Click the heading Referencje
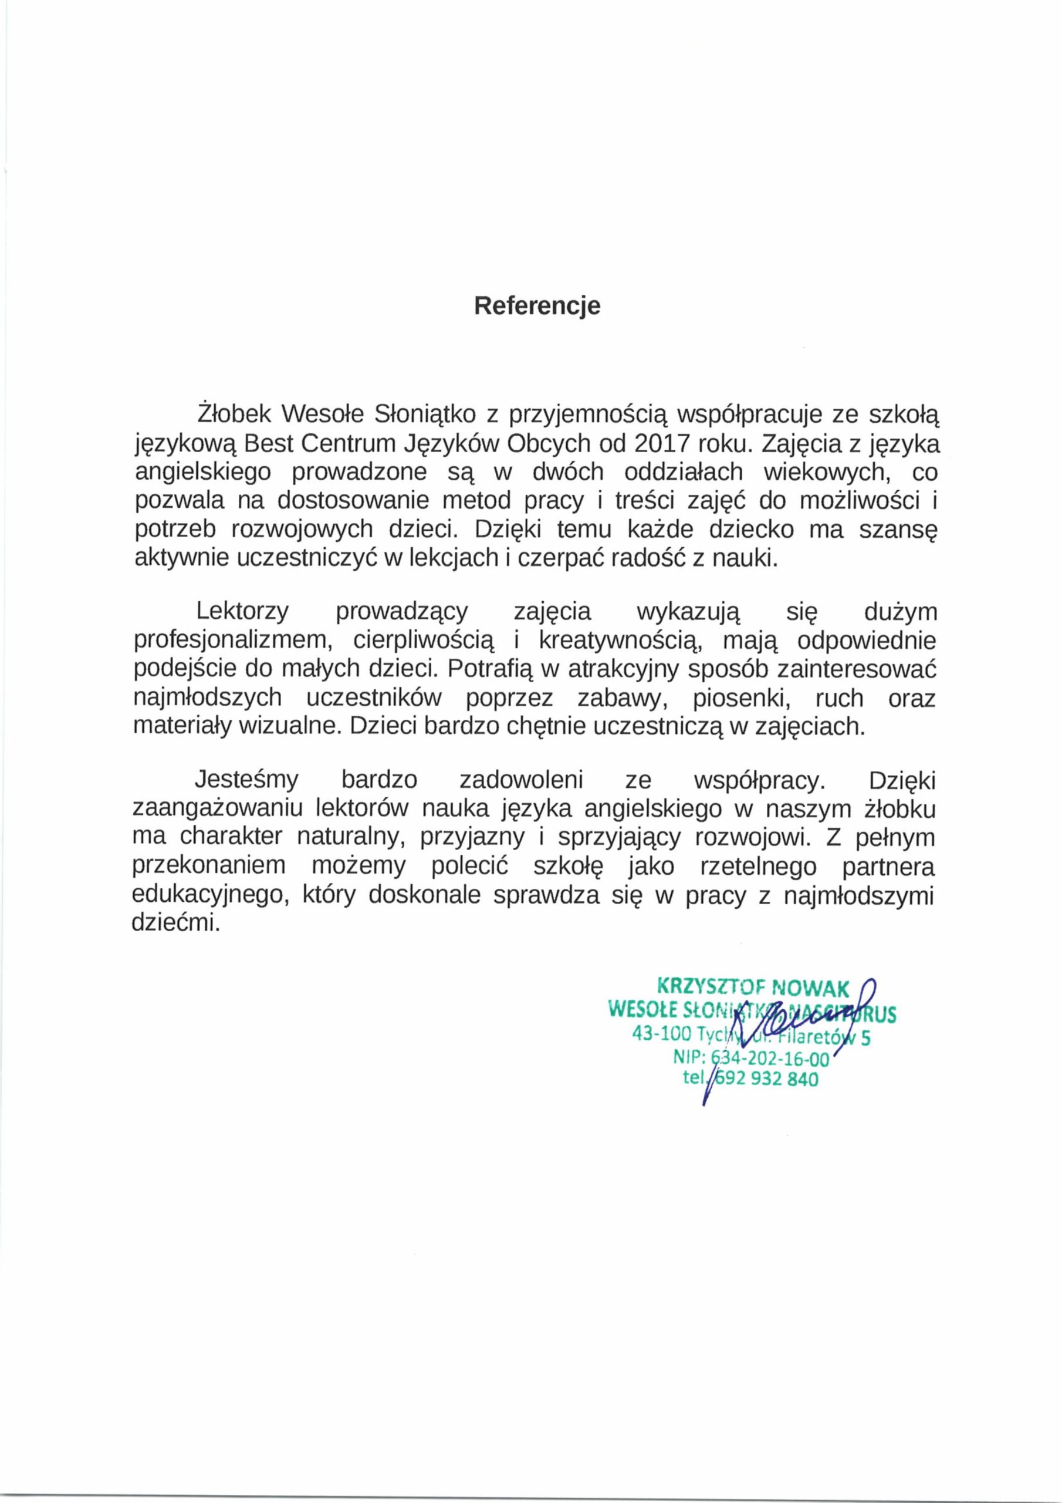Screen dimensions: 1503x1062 [536, 306]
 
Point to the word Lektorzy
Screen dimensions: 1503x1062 [243, 612]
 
